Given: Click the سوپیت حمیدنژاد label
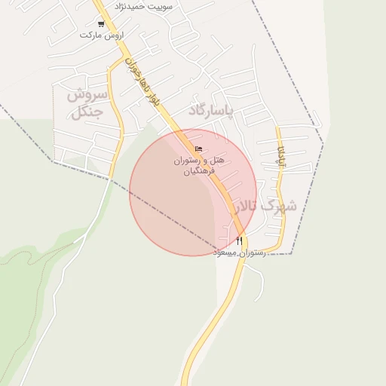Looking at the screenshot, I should [143, 6].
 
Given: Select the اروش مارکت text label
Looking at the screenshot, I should [101, 35].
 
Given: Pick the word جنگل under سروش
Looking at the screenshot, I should [89, 113].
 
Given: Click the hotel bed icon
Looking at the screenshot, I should [198, 149].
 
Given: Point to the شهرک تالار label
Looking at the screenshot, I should [265, 206].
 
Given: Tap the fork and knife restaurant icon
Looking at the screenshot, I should [240, 241].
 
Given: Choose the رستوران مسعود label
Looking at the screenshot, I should [239, 253].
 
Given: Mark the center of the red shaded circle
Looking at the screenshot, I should [191, 192].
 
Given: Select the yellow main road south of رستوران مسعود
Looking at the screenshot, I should [211, 317].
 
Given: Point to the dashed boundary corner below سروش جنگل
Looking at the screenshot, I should [53, 161].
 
